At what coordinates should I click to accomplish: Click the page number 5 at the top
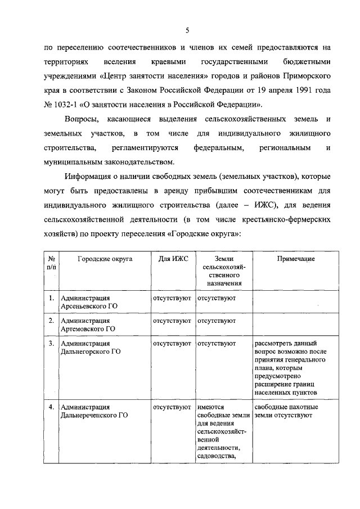pos(187,30)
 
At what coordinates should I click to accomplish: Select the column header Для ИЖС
pos(173,259)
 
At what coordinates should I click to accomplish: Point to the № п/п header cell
pos(51,263)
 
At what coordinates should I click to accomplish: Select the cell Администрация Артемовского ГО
pos(88,325)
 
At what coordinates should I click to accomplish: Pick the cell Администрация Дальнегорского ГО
pos(91,347)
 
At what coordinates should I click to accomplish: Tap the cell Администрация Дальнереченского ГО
pos(93,411)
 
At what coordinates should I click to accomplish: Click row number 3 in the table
pos(51,343)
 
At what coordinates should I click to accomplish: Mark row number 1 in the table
pos(51,298)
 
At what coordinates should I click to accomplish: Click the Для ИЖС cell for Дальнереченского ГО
pos(172,407)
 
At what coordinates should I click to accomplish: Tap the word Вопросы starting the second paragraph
pos(81,119)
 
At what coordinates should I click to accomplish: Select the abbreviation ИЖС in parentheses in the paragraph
pos(265,206)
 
